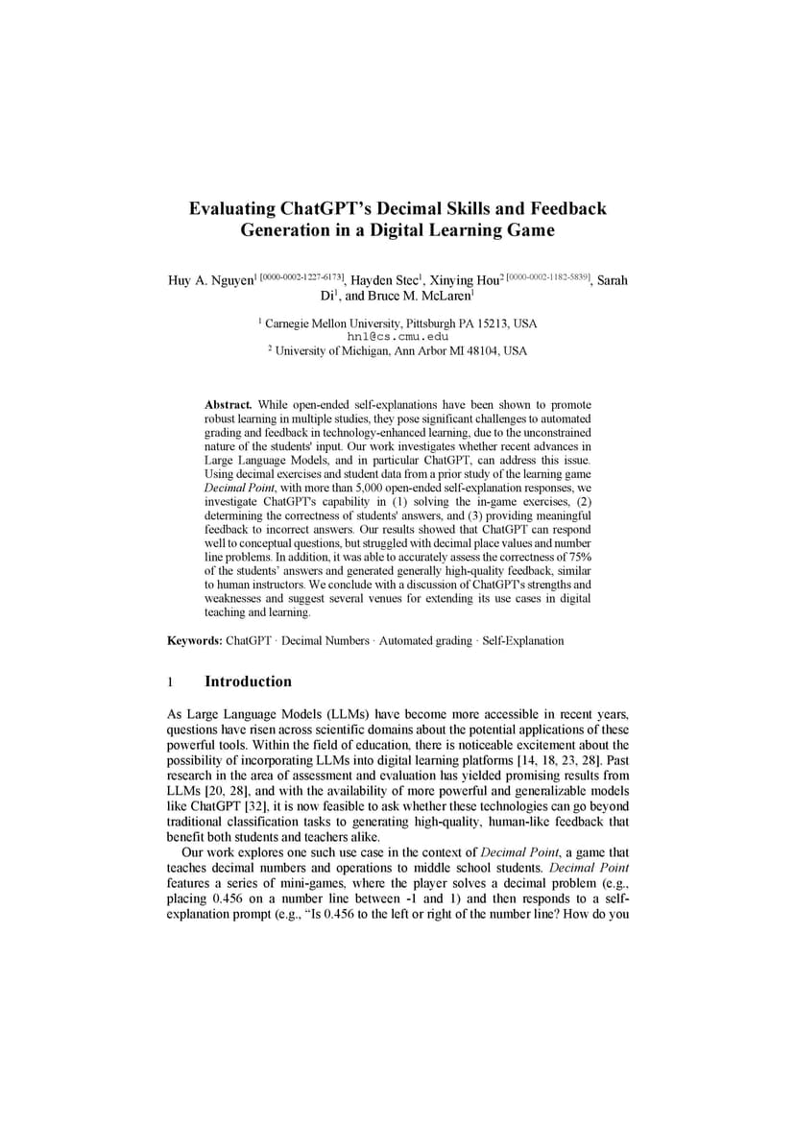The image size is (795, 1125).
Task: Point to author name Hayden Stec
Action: [x=385, y=280]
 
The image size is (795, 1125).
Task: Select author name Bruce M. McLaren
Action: [x=422, y=297]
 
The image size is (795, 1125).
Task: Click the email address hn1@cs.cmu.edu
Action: [x=397, y=337]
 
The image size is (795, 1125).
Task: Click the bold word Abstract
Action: [x=228, y=405]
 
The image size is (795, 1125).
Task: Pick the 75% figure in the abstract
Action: [x=575, y=557]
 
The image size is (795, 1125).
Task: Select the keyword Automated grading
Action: [x=425, y=640]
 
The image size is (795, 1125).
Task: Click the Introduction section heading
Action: [x=248, y=682]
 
